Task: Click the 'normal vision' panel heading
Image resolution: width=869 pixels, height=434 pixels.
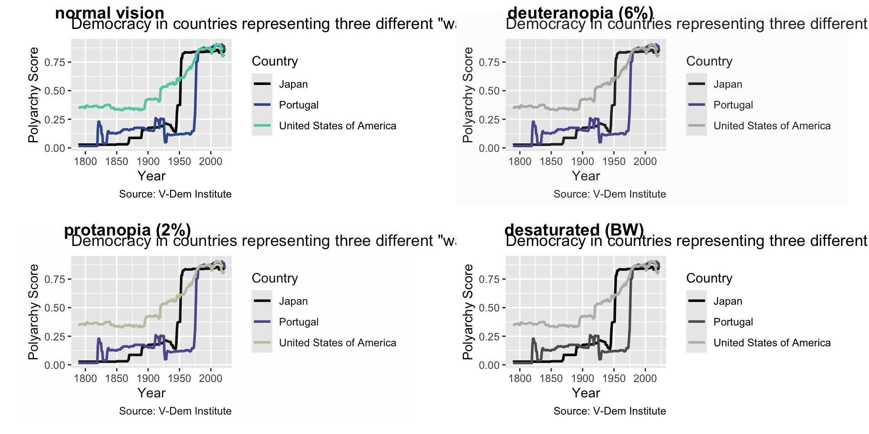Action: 110,13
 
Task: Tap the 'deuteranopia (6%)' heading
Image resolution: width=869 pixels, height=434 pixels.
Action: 580,13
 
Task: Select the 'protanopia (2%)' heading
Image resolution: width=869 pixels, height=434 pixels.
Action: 127,230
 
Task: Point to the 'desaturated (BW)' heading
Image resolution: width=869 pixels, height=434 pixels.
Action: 574,230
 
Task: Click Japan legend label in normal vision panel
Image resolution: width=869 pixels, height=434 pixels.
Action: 293,84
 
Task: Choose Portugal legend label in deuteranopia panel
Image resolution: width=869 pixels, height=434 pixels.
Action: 733,105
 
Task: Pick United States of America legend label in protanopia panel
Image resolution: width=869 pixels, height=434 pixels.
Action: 337,343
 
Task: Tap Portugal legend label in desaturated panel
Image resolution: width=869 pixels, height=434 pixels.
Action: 733,322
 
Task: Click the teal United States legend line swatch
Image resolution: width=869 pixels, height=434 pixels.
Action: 262,126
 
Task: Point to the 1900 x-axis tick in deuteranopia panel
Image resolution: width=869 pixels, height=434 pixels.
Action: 583,161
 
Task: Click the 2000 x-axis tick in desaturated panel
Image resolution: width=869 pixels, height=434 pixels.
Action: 645,378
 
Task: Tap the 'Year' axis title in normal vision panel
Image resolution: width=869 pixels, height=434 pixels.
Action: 152,176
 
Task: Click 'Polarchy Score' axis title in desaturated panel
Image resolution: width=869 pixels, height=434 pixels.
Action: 468,312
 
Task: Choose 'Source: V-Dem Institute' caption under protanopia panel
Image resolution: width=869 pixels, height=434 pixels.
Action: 175,411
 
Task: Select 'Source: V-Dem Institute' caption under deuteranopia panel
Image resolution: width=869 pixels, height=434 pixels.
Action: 610,194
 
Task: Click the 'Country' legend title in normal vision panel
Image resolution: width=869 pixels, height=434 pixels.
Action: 275,61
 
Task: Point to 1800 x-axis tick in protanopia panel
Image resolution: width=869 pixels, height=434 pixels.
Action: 86,378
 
